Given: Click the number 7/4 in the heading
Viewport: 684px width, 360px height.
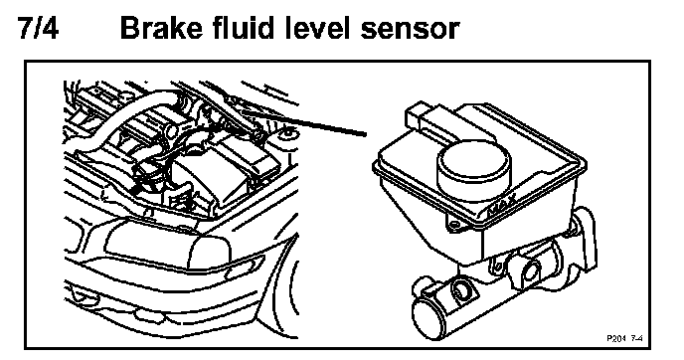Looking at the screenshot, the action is coord(38,28).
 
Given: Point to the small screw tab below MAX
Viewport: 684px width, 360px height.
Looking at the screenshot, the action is coord(454,225).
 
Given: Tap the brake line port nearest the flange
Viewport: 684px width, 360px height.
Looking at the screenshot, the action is coord(529,270).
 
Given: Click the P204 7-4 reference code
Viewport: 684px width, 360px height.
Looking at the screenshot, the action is coord(625,338).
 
